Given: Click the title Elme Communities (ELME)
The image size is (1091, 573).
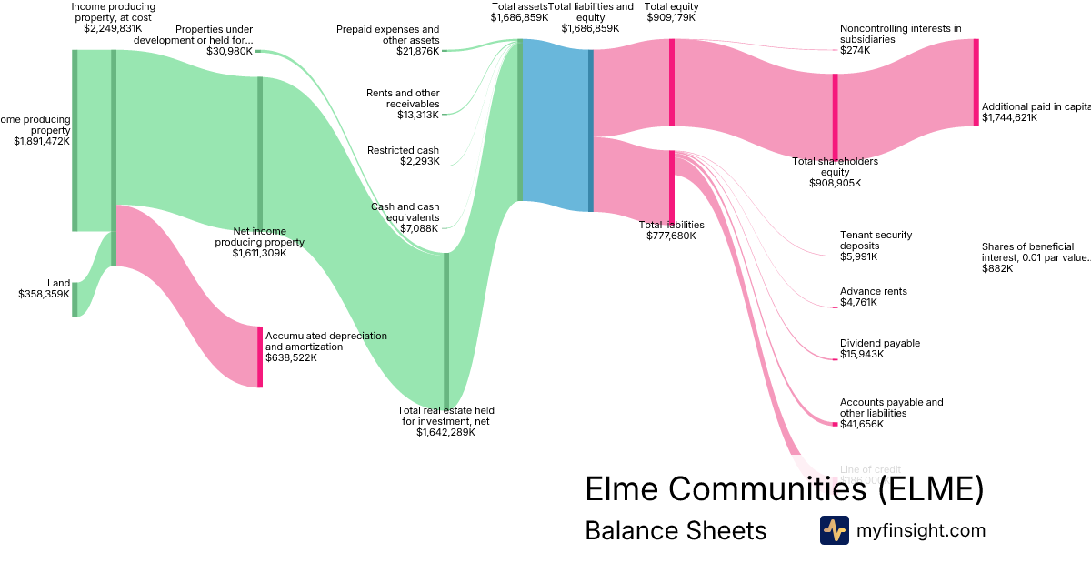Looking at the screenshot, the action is point(784,489).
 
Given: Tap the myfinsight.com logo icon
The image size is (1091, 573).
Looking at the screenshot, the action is point(834,530).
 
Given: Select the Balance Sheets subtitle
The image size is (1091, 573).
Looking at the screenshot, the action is point(676,530).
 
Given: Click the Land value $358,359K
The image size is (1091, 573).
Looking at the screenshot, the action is point(44,295).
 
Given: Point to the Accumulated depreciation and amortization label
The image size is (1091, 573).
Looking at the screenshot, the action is point(325,341).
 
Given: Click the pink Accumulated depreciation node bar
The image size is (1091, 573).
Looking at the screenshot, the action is point(260,357).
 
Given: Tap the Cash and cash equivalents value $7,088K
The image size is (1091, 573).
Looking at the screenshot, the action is point(419,228).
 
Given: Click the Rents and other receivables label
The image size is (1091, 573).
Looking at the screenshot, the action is point(403,98).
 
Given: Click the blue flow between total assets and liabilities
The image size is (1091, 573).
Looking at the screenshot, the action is point(556,126).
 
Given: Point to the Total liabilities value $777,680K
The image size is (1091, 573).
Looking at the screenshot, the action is point(671,236).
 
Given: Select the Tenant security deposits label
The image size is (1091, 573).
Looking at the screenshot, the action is point(876,240).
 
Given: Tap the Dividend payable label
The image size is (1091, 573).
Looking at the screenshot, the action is point(879,343).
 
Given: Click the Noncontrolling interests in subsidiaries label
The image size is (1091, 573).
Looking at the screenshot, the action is point(900,34).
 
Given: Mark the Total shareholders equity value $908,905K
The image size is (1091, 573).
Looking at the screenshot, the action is point(835,183).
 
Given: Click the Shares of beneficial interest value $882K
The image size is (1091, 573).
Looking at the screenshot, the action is point(996,268).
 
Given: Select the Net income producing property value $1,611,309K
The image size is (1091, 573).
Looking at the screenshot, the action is point(259,253).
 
